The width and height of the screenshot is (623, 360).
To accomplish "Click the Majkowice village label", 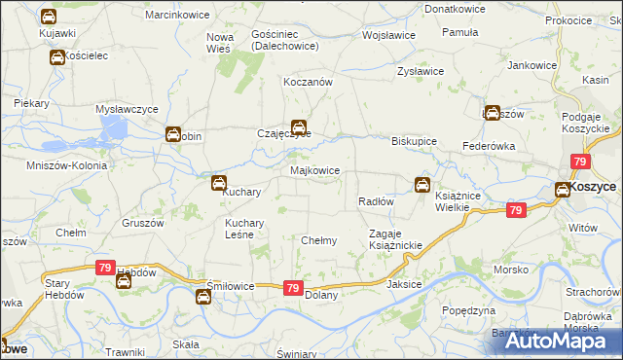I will (x=315, y=170).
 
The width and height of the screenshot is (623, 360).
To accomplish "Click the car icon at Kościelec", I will (x=57, y=58).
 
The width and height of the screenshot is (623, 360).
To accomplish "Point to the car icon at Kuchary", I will (x=220, y=182).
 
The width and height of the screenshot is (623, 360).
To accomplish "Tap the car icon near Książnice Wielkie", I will (x=422, y=184).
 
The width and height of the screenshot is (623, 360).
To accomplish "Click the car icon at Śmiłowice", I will (x=202, y=297).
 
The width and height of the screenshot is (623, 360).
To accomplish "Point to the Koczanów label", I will (x=308, y=83).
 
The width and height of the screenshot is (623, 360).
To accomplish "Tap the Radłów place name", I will (x=375, y=201).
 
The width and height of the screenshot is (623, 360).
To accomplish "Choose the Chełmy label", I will (x=319, y=240).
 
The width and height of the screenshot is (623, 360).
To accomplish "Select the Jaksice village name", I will (x=405, y=284).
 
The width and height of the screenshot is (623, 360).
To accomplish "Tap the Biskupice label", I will (x=414, y=140).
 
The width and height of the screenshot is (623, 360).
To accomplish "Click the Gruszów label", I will (x=142, y=222).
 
